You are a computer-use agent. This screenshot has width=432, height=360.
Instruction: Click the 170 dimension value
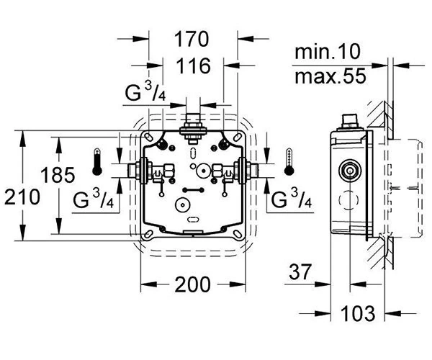[192, 39]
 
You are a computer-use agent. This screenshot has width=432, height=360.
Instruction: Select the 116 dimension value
[194, 66]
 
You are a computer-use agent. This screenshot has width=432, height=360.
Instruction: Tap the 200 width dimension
[192, 284]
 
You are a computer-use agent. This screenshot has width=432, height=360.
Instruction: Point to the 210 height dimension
[22, 197]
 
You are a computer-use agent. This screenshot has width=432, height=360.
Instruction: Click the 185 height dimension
[58, 175]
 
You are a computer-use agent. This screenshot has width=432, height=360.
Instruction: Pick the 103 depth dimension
[358, 313]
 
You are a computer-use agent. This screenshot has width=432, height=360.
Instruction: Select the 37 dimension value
[300, 271]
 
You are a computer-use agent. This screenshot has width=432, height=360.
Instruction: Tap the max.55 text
[330, 76]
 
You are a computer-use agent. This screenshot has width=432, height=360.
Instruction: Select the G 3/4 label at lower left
[93, 199]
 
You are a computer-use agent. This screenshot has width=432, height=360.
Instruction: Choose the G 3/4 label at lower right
[292, 199]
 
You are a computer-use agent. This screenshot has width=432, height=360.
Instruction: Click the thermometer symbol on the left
[97, 162]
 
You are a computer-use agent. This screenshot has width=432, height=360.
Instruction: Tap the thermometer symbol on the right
[289, 162]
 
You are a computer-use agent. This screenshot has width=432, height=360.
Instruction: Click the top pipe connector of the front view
[193, 128]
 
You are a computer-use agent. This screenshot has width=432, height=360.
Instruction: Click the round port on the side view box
[350, 171]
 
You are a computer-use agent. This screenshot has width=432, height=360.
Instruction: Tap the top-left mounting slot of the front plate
[148, 137]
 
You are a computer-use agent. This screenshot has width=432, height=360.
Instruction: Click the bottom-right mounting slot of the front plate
[237, 234]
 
